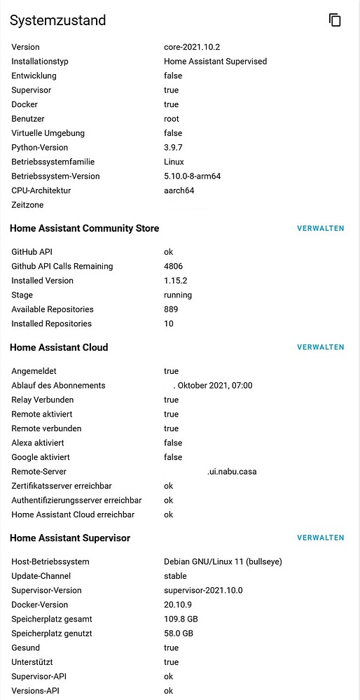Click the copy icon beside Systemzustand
(x=335, y=20)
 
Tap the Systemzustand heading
(x=58, y=20)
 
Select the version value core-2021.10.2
(x=191, y=47)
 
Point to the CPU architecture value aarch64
(x=179, y=190)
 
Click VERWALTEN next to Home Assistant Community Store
(x=321, y=228)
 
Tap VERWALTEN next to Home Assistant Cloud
(x=321, y=347)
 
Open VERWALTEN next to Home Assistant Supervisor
(x=321, y=538)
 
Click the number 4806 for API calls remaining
(x=174, y=266)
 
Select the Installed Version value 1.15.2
(x=175, y=281)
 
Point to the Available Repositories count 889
(x=171, y=309)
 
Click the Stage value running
(x=178, y=295)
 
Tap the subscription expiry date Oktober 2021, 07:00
(x=214, y=386)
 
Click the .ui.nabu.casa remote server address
(x=232, y=472)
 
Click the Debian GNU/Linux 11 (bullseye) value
(x=223, y=561)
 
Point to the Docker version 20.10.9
(x=178, y=605)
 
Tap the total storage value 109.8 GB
(x=181, y=619)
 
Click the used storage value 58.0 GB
(x=179, y=633)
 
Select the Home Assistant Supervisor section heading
(x=70, y=538)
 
